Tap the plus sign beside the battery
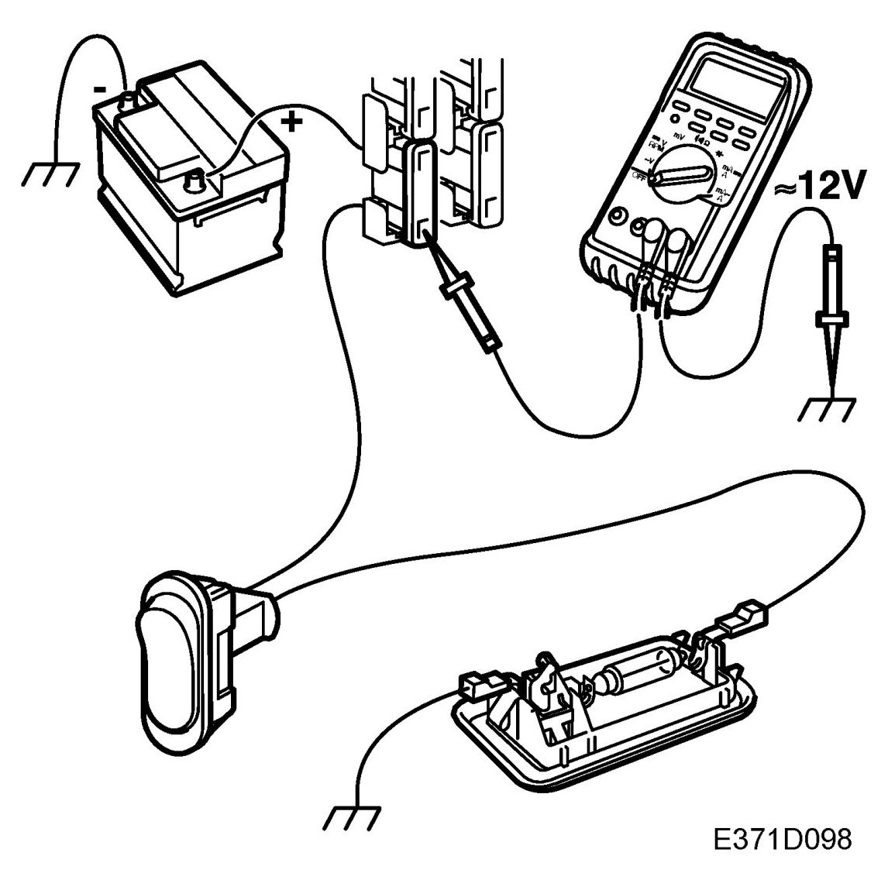tap(293, 121)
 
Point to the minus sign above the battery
tap(102, 88)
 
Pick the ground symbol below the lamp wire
tap(353, 816)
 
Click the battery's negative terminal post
tap(128, 101)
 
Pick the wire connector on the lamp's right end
tap(740, 616)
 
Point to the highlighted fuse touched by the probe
tap(418, 189)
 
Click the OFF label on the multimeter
tap(640, 177)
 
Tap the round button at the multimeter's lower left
tap(617, 217)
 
